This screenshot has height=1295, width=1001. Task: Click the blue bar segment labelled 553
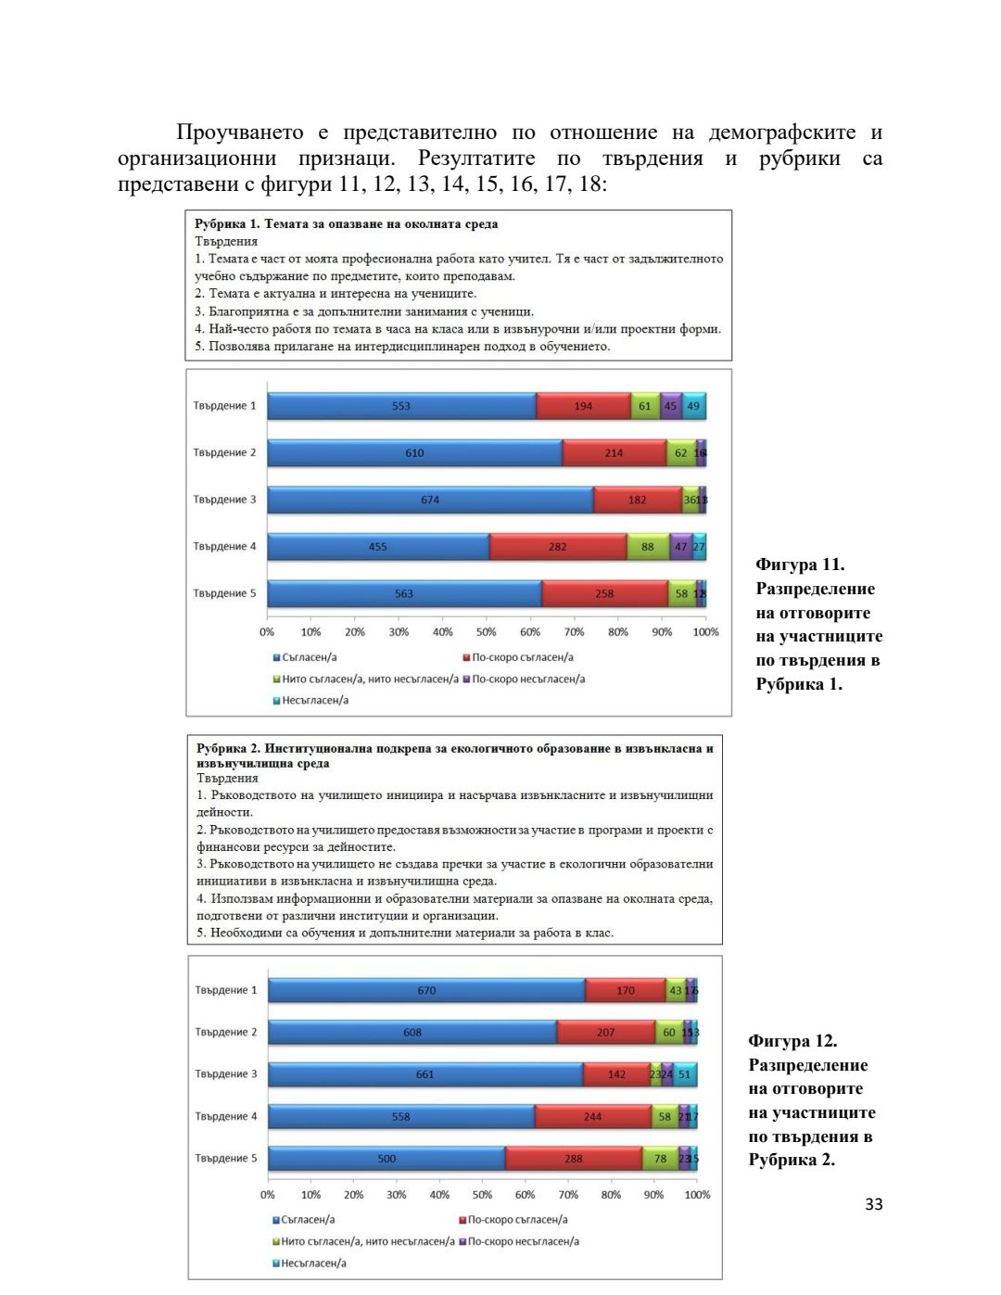pyautogui.click(x=401, y=406)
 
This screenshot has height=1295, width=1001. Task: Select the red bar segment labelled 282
pyautogui.click(x=558, y=547)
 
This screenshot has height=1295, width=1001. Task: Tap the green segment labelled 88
pyautogui.click(x=648, y=547)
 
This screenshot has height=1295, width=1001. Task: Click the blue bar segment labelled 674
pyautogui.click(x=430, y=500)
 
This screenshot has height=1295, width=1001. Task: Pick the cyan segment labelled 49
pyautogui.click(x=694, y=406)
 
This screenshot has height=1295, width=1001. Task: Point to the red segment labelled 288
pyautogui.click(x=574, y=1159)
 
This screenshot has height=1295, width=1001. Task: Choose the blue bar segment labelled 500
pyautogui.click(x=386, y=1159)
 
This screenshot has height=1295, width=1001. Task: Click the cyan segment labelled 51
pyautogui.click(x=685, y=1074)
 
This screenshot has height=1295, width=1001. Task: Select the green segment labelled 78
pyautogui.click(x=660, y=1159)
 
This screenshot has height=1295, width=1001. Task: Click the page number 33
pyautogui.click(x=874, y=1204)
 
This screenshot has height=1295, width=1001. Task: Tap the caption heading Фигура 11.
pyautogui.click(x=800, y=565)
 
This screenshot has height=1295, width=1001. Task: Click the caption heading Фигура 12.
pyautogui.click(x=792, y=1041)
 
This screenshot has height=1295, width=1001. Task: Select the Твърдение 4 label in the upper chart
pyautogui.click(x=224, y=547)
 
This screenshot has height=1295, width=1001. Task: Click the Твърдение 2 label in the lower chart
pyautogui.click(x=226, y=1032)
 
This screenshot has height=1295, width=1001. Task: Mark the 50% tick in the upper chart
pyautogui.click(x=486, y=632)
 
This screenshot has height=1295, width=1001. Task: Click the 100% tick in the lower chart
pyautogui.click(x=697, y=1195)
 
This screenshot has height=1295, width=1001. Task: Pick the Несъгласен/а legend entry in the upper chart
pyautogui.click(x=314, y=701)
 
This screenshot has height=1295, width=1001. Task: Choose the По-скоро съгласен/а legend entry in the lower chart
pyautogui.click(x=517, y=1220)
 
